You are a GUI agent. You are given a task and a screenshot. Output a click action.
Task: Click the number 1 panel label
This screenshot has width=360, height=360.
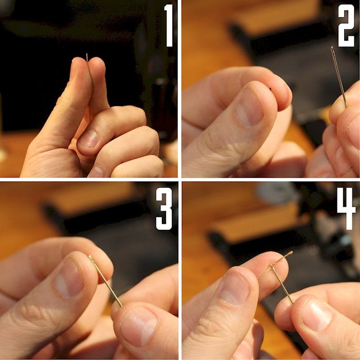coord(169,25)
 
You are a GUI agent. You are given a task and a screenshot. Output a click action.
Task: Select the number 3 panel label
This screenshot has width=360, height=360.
coord(164,209)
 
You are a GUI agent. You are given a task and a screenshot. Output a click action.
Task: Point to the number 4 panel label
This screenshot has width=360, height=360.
coord(346,209)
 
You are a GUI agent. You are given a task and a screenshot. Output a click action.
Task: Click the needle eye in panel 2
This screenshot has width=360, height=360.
coord(332,49)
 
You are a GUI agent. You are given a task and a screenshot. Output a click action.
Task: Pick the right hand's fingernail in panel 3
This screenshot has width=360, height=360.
coord(138,326)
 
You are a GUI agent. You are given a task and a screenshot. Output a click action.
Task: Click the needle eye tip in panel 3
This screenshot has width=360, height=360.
coord(90,257)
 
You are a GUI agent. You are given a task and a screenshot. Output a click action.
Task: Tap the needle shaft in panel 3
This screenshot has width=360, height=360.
coord(106,281)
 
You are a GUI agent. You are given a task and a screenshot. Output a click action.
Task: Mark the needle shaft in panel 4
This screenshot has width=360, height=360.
coord(282,284)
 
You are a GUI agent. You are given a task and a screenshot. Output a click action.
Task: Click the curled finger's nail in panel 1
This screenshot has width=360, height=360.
coord(88,139)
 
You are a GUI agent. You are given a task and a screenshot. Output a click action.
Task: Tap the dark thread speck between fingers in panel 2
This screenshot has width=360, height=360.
coord(270,89)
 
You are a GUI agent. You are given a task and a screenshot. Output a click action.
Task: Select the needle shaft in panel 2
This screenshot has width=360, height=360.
coord(339,77)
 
